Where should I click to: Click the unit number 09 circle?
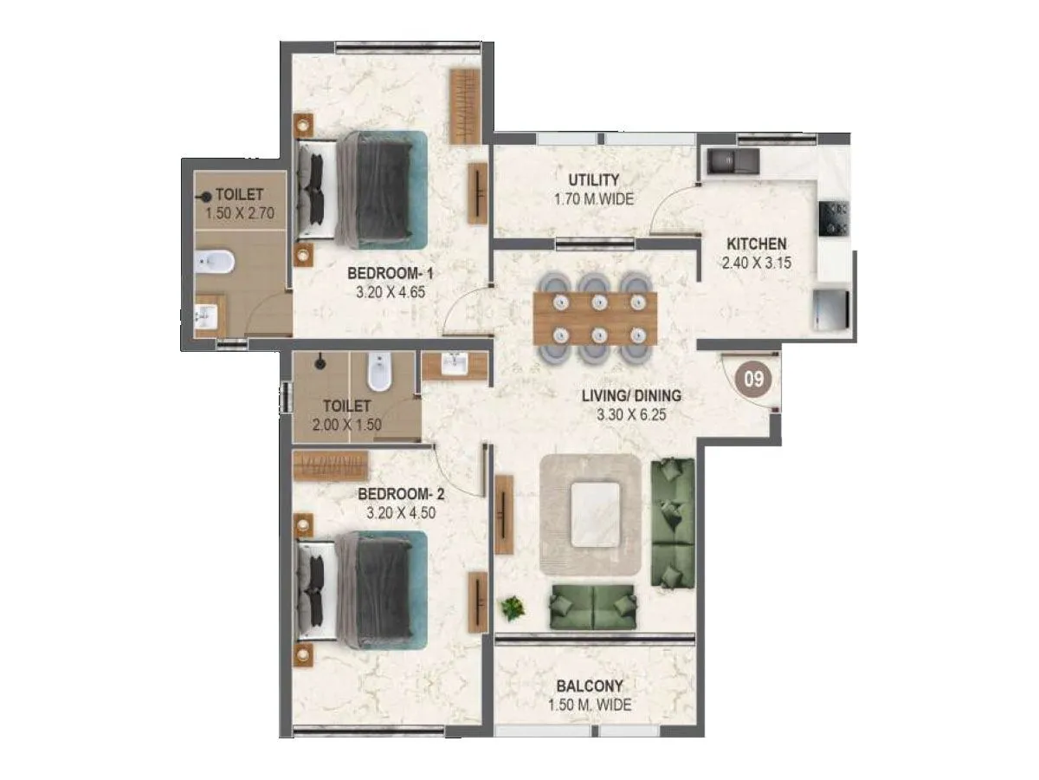coord(753,379)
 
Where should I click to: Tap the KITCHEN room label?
coord(757,244)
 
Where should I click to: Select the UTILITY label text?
coord(593,180)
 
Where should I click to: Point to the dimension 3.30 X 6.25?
coord(632,414)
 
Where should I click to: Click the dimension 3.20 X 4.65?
coord(390,292)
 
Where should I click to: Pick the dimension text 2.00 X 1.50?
coord(347,425)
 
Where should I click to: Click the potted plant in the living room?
coord(513,608)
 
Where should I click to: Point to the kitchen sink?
coord(732,161)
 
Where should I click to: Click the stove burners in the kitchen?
coord(836,218)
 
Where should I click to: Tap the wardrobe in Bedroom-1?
coord(464,106)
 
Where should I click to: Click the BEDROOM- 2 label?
coord(401,494)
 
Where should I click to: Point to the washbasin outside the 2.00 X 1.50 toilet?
coord(454,365)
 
